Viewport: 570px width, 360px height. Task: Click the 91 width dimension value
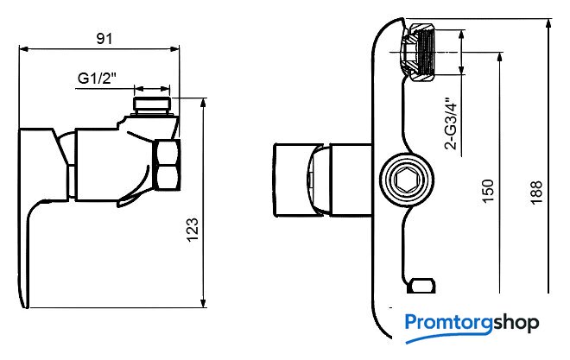coord(104,38)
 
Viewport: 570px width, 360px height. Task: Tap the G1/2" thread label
coord(97,78)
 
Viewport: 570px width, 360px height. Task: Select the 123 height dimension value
coord(193,230)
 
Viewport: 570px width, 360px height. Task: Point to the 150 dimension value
coord(488,191)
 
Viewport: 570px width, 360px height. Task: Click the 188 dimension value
coord(536,193)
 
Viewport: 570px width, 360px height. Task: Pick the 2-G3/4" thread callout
coord(451,123)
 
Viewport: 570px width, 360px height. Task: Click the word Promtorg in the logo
coord(449,324)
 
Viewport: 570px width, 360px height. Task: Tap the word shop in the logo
coord(516,324)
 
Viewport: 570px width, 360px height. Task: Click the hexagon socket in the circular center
coord(407,180)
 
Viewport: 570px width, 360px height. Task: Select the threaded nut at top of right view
coord(418,52)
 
